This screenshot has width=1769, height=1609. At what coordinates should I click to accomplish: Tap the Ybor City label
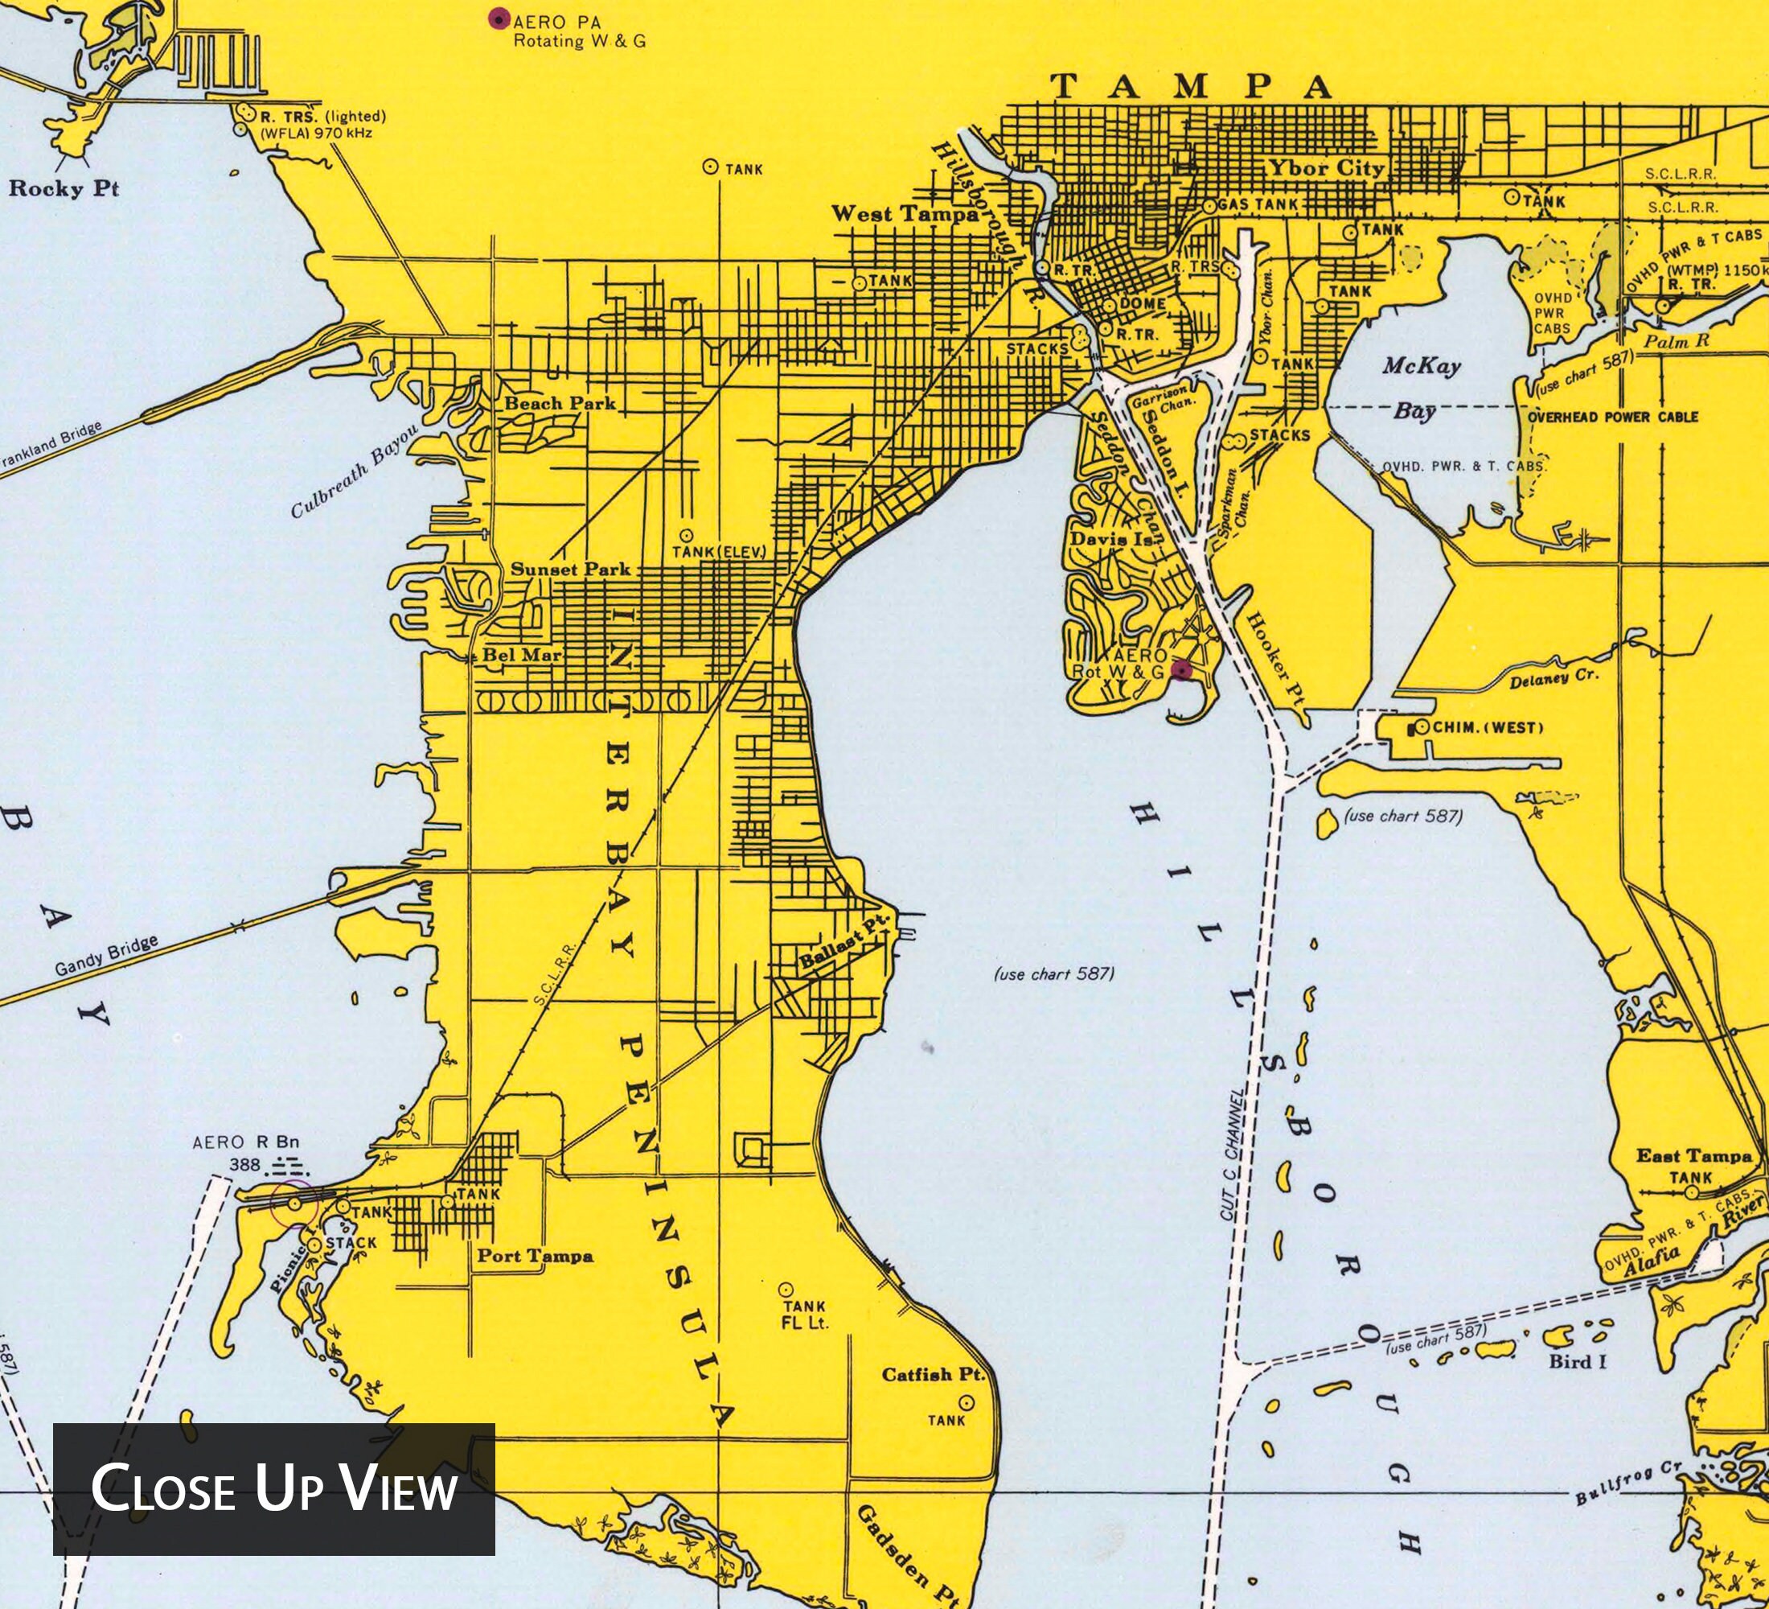(1325, 167)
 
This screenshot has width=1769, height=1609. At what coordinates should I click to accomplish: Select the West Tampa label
(904, 213)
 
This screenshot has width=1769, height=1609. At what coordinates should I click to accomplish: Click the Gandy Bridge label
(106, 955)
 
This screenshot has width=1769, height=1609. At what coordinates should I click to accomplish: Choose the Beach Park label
(560, 404)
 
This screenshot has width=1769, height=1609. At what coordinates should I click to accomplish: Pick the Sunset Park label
(570, 569)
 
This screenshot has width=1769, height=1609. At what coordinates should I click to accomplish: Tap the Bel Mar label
(521, 655)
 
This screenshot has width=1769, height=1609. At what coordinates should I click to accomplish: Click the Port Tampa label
(535, 1256)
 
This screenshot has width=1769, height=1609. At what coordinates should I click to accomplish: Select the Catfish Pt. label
(934, 1375)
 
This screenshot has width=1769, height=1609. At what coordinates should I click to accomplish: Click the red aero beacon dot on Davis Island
(1182, 671)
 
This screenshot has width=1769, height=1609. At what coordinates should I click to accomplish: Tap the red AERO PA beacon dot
(499, 19)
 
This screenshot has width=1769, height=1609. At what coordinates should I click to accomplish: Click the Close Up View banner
(273, 1489)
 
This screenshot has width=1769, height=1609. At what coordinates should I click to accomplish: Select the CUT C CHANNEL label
(1233, 1154)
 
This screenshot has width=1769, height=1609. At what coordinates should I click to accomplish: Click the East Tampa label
(1693, 1156)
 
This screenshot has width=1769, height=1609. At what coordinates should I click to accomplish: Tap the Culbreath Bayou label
(355, 471)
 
